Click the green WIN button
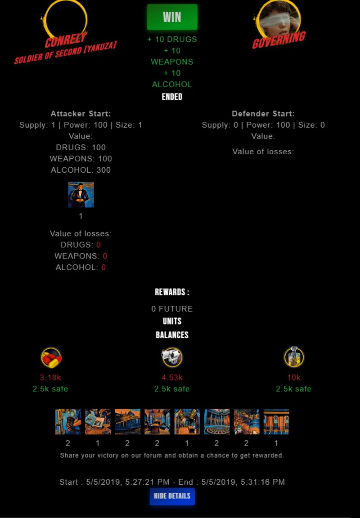tap(172, 17)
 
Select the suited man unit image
tap(81, 195)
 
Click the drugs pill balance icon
tap(51, 358)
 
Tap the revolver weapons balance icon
tap(172, 357)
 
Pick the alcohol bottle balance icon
tap(294, 357)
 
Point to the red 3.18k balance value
tap(50, 377)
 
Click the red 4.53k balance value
tap(172, 377)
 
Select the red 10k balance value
tap(294, 377)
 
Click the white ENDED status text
tap(172, 96)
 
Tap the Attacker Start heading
tap(81, 114)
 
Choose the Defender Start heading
tap(263, 114)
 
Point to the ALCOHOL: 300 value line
tap(81, 170)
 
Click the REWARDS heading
tap(172, 292)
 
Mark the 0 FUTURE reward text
tap(172, 309)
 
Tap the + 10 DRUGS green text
tap(172, 39)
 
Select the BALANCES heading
tap(172, 335)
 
